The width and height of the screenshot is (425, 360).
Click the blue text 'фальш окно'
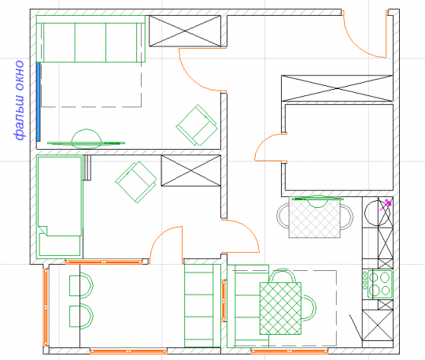[19, 100]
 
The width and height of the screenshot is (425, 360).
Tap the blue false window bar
[39, 102]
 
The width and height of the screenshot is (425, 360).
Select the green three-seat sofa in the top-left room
[91, 39]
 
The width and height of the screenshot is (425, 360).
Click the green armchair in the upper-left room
[197, 125]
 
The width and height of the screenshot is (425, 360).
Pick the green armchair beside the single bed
[136, 182]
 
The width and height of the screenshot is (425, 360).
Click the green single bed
[59, 206]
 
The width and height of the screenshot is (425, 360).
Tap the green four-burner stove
[379, 284]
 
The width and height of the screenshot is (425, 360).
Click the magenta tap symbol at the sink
[386, 205]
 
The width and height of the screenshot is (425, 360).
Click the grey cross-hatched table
[314, 217]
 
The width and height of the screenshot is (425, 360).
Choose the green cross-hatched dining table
[280, 308]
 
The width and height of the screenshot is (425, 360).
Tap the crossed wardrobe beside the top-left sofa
[185, 31]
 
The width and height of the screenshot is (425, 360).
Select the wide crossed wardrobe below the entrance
[337, 88]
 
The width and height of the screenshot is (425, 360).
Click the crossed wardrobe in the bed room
[190, 171]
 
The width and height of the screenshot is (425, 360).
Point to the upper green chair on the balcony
[81, 286]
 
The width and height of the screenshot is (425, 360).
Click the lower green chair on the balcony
[81, 317]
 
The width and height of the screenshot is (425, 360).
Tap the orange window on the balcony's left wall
[46, 307]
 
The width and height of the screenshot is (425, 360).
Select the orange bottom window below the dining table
[289, 352]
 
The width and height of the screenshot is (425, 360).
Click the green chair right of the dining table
[309, 308]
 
